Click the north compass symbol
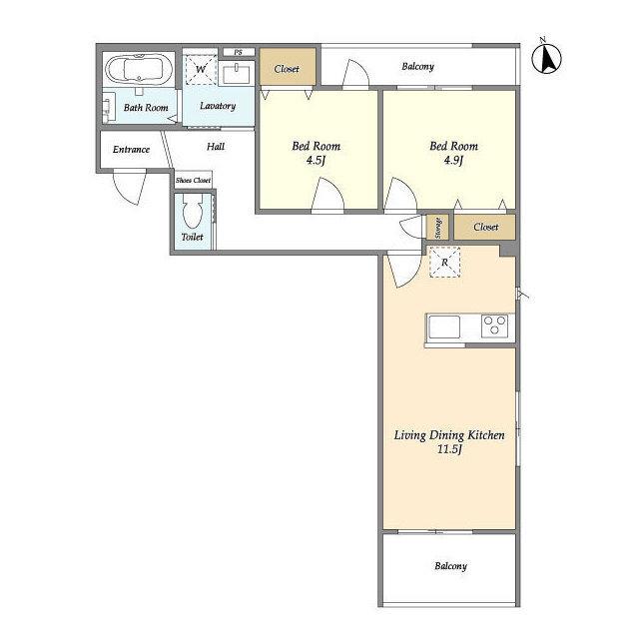tap(546, 58)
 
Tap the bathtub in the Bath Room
tap(139, 69)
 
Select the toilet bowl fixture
tap(193, 211)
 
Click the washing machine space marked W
tap(201, 69)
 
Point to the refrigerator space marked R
tap(444, 262)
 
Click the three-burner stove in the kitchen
tap(494, 326)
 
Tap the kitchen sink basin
tap(444, 327)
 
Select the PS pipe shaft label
tap(239, 52)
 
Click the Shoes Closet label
tap(193, 180)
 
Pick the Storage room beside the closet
tap(437, 228)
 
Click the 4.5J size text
tap(316, 160)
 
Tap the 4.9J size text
tap(453, 160)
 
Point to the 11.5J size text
tap(449, 449)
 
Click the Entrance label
tap(131, 150)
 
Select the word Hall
tap(216, 147)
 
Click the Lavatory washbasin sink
tap(237, 74)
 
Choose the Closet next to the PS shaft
tap(288, 67)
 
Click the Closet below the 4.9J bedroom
tap(485, 227)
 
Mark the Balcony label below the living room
tap(450, 566)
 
